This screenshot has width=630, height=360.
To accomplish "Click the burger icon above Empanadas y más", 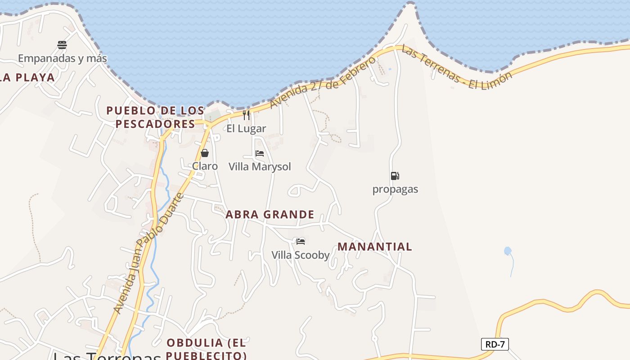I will [62, 45].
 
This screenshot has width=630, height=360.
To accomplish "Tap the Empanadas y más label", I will [63, 58].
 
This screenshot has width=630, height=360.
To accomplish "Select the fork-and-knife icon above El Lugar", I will [246, 115].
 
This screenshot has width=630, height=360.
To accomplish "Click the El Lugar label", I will [246, 129].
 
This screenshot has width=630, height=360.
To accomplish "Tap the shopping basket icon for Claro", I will [205, 153].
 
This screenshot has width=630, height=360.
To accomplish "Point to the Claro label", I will [205, 166].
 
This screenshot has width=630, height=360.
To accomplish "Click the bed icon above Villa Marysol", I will [260, 153].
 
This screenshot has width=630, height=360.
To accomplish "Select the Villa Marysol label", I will [260, 166].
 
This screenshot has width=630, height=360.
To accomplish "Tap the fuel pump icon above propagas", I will [395, 176].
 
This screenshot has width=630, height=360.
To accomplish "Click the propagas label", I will [395, 189].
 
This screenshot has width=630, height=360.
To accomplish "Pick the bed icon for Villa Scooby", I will [301, 242].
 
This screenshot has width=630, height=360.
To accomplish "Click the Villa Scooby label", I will [301, 255].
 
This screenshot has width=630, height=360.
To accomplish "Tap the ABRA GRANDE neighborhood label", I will [270, 215].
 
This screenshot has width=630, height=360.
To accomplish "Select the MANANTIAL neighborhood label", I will [375, 247].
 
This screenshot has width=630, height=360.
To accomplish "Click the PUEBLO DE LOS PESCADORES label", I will [155, 117].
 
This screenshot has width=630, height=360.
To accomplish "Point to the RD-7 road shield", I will [495, 345].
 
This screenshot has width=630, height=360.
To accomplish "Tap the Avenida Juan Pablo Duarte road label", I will [149, 253].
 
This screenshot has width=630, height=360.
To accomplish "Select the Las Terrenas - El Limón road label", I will [457, 68].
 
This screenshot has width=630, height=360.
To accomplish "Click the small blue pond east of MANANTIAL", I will [508, 251].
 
